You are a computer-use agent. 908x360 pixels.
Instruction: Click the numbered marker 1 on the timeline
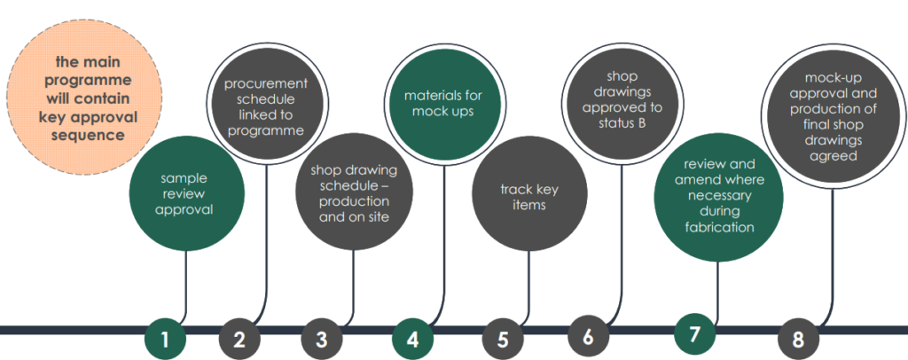tap(165, 339)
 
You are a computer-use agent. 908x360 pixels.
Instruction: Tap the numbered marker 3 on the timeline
tap(321, 339)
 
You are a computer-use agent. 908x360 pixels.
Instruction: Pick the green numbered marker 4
tap(413, 338)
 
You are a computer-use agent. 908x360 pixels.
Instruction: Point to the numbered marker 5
tap(503, 339)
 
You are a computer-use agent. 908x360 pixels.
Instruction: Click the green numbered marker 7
tap(694, 334)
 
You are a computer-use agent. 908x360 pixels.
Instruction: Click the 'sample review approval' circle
tap(185, 194)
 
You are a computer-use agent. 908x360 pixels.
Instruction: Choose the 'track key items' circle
tap(529, 197)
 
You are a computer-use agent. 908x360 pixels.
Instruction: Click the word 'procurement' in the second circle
tap(265, 83)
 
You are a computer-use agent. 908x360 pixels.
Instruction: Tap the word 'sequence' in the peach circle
tap(87, 136)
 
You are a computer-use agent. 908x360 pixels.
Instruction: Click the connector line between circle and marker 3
tap(354, 284)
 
